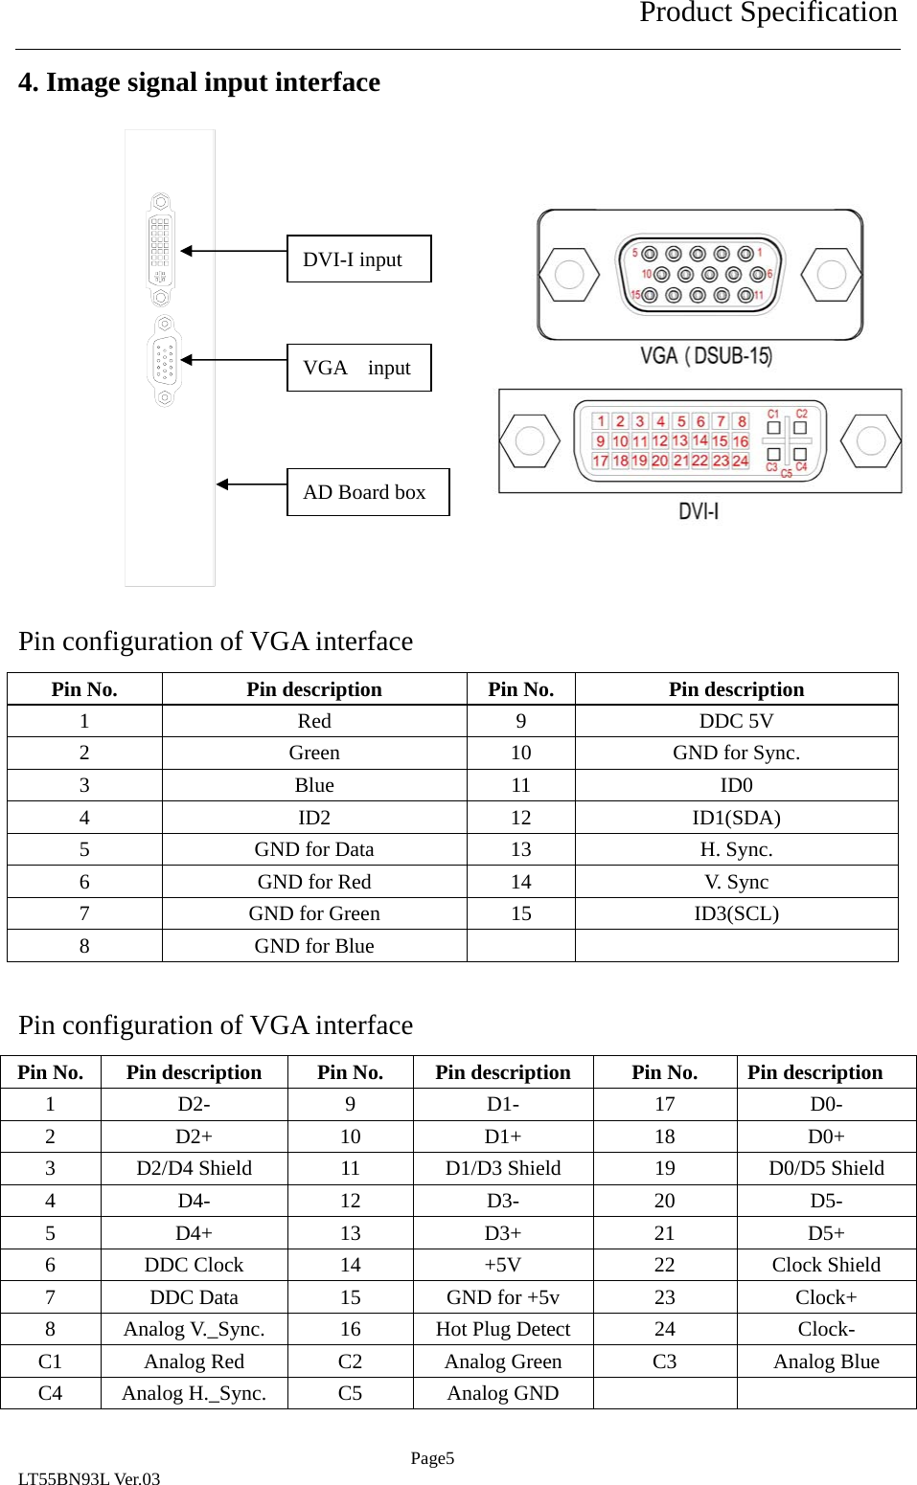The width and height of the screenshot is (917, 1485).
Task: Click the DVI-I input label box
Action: [x=358, y=259]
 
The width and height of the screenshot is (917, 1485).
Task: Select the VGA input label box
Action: [x=358, y=368]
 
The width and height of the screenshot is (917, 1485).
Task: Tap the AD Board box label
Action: [x=367, y=492]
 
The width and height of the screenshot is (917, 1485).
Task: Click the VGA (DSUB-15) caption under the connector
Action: [x=706, y=356]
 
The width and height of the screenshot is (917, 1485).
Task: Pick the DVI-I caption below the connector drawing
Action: [x=699, y=511]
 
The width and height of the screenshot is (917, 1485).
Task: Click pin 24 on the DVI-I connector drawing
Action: [x=741, y=461]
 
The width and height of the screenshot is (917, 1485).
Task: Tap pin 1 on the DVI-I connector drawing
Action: [x=601, y=421]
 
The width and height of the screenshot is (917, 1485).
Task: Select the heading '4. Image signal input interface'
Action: [x=199, y=82]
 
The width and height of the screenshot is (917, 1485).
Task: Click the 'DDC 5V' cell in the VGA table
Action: [x=736, y=721]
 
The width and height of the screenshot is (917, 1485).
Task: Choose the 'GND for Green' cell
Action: [x=314, y=913]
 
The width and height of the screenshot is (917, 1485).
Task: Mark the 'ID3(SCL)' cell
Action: [x=736, y=913]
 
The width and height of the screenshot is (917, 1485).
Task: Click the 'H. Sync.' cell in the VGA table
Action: [x=736, y=849]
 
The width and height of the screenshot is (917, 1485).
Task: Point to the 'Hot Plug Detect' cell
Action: [x=503, y=1329]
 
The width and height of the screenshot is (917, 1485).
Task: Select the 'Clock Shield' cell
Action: [x=826, y=1265]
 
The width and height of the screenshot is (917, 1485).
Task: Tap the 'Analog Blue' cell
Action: [x=826, y=1361]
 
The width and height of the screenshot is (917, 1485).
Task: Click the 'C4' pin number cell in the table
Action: [x=50, y=1393]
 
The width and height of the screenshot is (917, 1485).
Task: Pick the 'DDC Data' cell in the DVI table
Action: [x=194, y=1297]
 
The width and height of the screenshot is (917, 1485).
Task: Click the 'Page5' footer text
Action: [x=432, y=1458]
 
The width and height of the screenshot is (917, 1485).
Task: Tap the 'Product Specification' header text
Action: [x=768, y=13]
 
